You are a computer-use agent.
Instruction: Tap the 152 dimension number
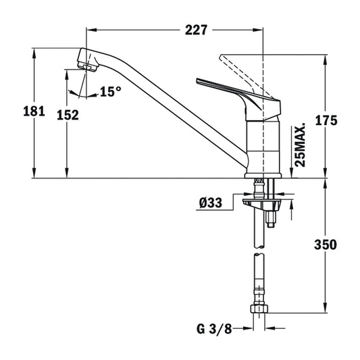click(x=68, y=114)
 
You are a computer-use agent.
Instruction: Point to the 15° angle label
click(x=110, y=91)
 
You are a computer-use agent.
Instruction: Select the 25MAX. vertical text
click(x=300, y=145)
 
